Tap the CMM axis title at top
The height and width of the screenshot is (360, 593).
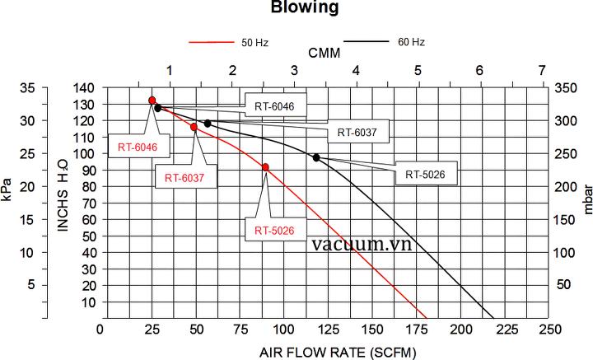pyautogui.click(x=325, y=53)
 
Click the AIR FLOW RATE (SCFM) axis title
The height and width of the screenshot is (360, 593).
pyautogui.click(x=339, y=352)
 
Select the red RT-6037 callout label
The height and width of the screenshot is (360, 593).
pyautogui.click(x=184, y=177)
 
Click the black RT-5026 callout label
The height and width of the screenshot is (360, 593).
pyautogui.click(x=426, y=174)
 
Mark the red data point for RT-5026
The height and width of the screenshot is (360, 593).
pyautogui.click(x=265, y=167)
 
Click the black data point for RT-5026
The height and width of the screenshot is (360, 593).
pyautogui.click(x=316, y=157)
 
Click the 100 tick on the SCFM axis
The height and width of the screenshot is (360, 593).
pyautogui.click(x=282, y=330)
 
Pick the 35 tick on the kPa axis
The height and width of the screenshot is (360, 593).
pyautogui.click(x=27, y=88)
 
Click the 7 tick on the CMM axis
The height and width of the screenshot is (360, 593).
pyautogui.click(x=541, y=70)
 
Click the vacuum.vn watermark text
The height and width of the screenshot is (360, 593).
pyautogui.click(x=362, y=244)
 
